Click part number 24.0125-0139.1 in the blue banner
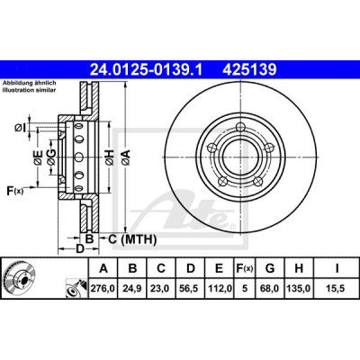tap(147, 70)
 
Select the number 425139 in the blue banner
tap(249, 70)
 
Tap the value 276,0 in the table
tap(103, 289)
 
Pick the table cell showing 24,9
tap(132, 289)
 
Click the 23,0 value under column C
tap(161, 289)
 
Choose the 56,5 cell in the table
tap(190, 289)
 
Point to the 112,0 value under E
tap(219, 289)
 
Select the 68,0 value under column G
tap(270, 289)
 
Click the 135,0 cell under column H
tap(299, 289)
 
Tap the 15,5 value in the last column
tap(337, 289)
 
